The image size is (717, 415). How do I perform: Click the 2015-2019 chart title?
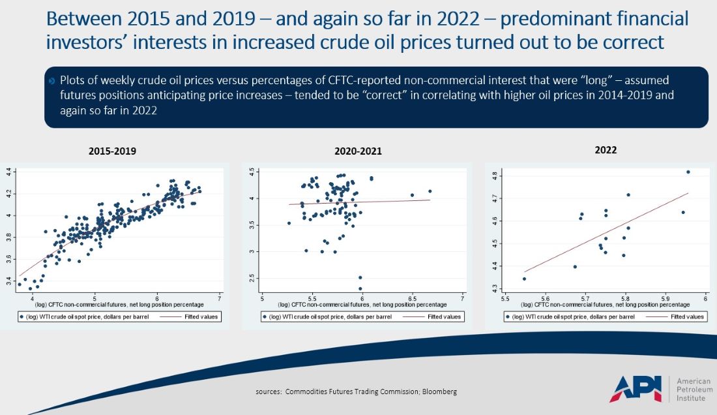(112, 151)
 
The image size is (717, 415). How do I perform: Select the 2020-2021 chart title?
(358, 151)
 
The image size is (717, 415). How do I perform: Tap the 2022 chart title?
(606, 150)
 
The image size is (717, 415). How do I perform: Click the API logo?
(636, 389)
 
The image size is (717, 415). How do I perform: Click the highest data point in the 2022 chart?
(688, 172)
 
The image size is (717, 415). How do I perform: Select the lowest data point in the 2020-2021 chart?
(360, 288)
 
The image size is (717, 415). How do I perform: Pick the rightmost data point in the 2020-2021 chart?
(430, 191)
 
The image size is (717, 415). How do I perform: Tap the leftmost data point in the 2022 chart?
(525, 279)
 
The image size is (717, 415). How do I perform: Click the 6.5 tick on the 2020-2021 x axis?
(412, 298)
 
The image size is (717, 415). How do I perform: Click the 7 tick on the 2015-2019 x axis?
(220, 298)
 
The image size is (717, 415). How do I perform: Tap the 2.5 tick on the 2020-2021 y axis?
(252, 278)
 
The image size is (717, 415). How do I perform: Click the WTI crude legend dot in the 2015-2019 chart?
(22, 316)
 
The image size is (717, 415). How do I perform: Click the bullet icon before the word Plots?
(51, 81)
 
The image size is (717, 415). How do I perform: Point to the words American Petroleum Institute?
(694, 390)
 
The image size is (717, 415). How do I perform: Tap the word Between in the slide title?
(84, 19)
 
